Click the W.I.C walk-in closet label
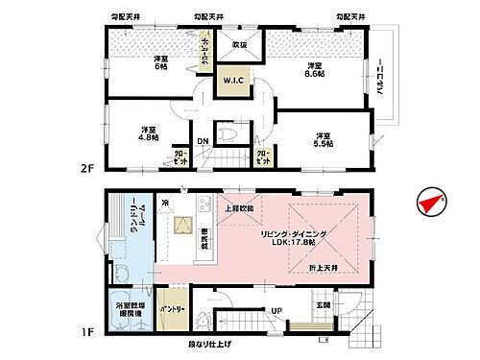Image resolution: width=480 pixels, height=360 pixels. (x=232, y=81)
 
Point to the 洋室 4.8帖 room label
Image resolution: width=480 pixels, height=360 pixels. (x=148, y=133)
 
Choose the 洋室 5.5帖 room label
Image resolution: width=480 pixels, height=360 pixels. (x=322, y=138)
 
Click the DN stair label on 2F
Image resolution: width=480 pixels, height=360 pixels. (x=204, y=141)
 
